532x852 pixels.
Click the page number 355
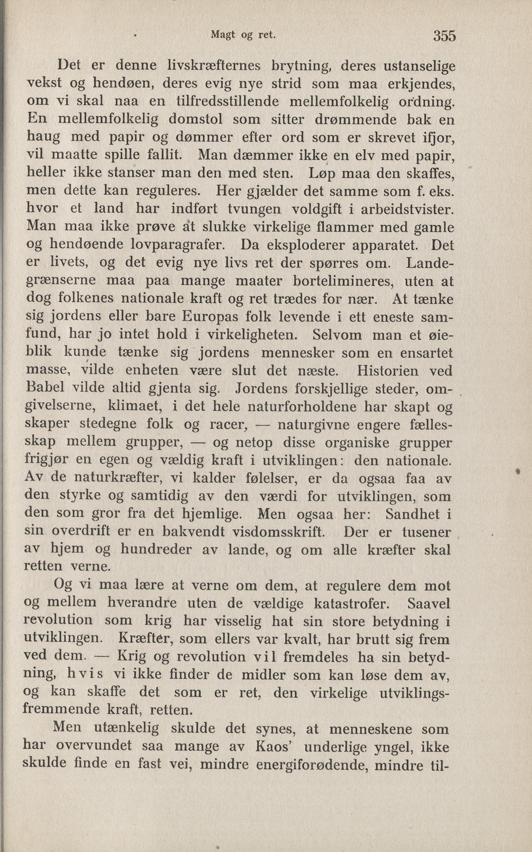445,36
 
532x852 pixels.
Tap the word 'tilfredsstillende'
227,101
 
